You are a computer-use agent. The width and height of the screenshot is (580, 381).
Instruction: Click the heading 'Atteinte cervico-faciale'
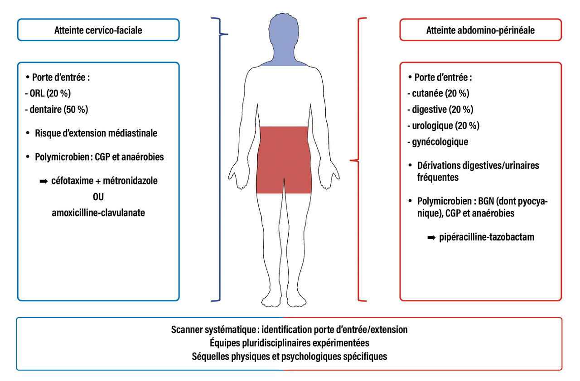pos(98,31)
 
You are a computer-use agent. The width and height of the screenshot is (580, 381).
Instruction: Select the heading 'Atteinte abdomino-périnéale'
pos(480,31)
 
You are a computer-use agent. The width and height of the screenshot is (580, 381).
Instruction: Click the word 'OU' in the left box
pos(98,196)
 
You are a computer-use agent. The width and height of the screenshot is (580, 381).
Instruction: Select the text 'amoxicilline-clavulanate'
pos(98,212)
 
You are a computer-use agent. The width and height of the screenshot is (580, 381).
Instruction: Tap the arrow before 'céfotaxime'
pos(43,181)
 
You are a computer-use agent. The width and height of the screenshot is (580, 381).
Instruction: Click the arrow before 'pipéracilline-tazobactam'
pos(432,236)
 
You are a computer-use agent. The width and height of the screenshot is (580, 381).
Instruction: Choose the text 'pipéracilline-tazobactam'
pos(488,236)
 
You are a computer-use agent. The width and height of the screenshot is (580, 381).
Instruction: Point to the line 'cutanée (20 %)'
pos(440,94)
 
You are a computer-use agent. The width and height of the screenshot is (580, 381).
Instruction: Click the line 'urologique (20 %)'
pos(446,125)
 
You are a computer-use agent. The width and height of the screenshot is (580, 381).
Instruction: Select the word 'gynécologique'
pos(440,141)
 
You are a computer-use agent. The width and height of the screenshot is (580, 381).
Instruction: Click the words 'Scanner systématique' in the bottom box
pos(212,329)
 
